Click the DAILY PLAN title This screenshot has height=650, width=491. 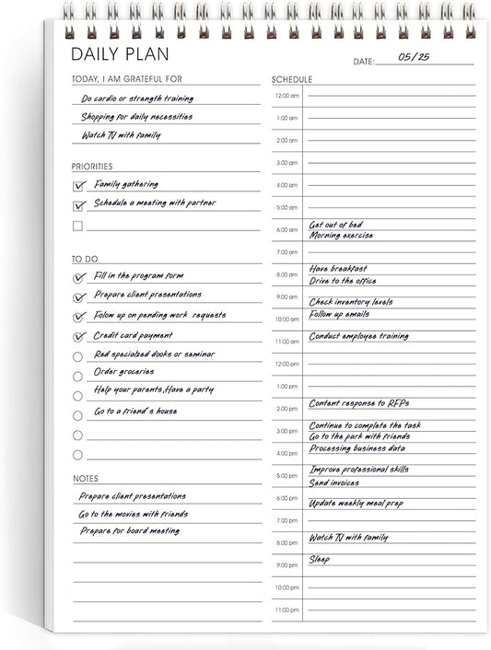coord(120,54)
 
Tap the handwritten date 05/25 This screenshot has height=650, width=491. coord(414,57)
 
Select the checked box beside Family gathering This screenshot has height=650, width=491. coord(78,185)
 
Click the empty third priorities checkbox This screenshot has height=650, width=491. coord(78,226)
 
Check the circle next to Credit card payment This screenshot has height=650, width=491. coord(77,337)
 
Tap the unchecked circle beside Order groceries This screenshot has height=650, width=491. coord(77,376)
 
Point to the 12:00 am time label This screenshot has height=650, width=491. coord(286,96)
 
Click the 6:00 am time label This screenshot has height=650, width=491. coord(286,230)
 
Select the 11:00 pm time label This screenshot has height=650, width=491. coord(286,609)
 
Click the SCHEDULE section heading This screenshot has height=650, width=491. coord(292,79)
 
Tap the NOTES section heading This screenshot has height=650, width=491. coord(86,479)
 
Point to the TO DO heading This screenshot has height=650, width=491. coord(84,260)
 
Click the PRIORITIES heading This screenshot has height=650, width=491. coord(92,167)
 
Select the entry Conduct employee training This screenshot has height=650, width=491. coord(358,337)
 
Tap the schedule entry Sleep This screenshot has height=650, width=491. coord(319,559)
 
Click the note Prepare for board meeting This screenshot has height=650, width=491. coord(129,531)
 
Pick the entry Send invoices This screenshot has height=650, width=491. coord(334,482)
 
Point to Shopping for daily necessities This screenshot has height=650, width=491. coord(137,117)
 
